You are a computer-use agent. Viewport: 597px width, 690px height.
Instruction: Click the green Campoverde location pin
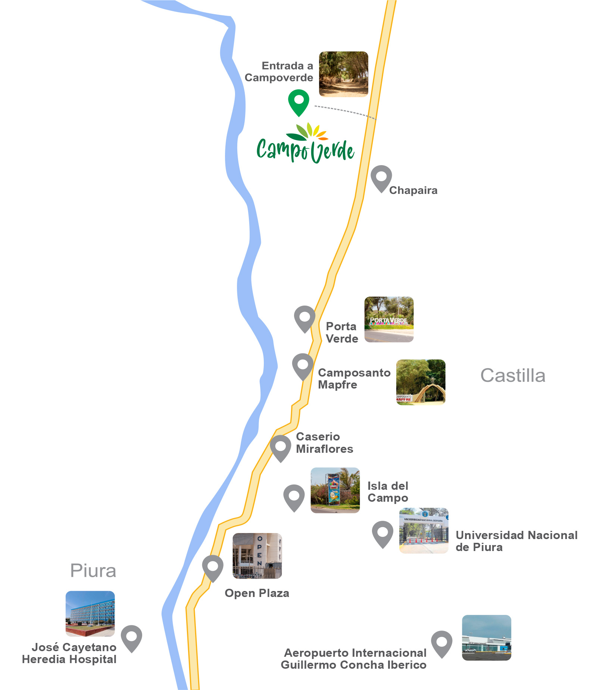pyautogui.click(x=299, y=101)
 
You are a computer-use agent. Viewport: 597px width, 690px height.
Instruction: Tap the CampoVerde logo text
pyautogui.click(x=305, y=149)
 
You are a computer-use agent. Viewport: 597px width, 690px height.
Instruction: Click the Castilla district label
pyautogui.click(x=513, y=375)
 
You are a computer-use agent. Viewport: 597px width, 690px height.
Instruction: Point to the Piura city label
pyautogui.click(x=93, y=571)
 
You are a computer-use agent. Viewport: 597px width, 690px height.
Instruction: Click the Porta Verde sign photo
pyautogui.click(x=389, y=319)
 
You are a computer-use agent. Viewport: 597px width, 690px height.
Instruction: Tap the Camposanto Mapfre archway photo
pyautogui.click(x=421, y=382)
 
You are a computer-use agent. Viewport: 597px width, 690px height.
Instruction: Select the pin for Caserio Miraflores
pyautogui.click(x=280, y=448)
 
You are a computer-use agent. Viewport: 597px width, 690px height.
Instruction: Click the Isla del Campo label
pyautogui.click(x=388, y=492)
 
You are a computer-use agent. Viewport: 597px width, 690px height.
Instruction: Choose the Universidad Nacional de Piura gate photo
pyautogui.click(x=423, y=530)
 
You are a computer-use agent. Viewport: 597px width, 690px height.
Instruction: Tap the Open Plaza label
pyautogui.click(x=257, y=593)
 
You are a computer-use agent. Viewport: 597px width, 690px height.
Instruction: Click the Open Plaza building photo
pyautogui.click(x=257, y=556)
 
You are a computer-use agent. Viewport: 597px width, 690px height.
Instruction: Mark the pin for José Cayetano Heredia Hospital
pyautogui.click(x=131, y=638)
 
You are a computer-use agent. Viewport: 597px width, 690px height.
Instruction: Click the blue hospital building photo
pyautogui.click(x=90, y=613)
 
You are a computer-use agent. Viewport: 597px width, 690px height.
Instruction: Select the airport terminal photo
pyautogui.click(x=486, y=638)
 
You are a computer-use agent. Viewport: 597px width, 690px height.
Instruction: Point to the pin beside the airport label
pyautogui.click(x=441, y=643)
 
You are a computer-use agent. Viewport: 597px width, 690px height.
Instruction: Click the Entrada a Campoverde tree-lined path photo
pyautogui.click(x=343, y=74)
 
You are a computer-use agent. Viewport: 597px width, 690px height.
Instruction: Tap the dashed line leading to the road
pyautogui.click(x=345, y=111)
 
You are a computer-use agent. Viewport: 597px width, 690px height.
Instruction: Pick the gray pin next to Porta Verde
pyautogui.click(x=304, y=318)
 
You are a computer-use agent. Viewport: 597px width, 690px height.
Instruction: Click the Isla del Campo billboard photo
pyautogui.click(x=335, y=490)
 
